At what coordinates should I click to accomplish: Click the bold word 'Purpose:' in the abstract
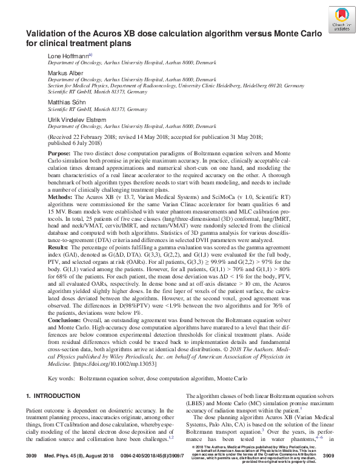[59, 154]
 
